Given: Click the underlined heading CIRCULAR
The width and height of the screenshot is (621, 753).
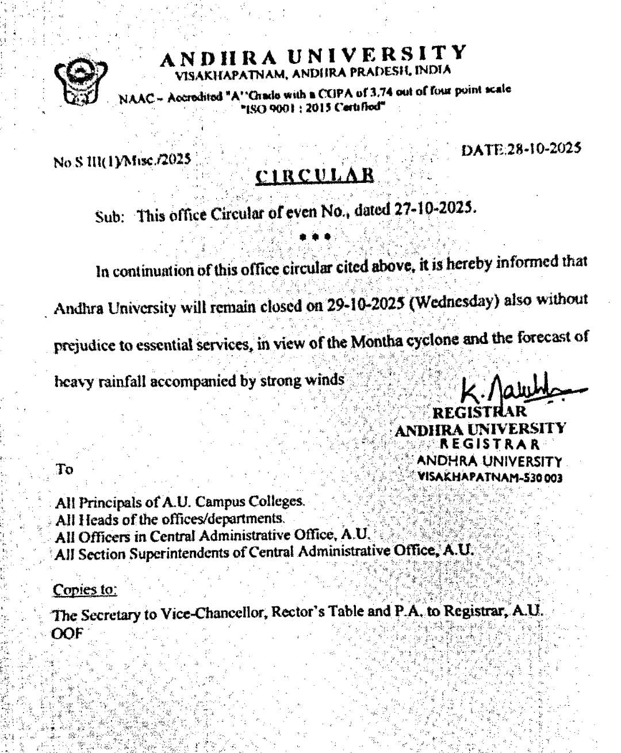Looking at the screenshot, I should click(315, 175).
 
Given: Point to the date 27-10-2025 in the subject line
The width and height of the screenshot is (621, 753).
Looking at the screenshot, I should click(434, 209).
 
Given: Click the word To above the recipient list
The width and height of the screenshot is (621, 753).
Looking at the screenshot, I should click(64, 469).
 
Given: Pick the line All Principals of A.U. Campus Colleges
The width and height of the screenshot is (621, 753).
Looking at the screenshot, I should click(179, 502).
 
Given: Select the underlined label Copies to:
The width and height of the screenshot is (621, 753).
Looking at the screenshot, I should click(85, 590).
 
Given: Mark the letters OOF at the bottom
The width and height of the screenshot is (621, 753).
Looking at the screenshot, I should click(68, 634).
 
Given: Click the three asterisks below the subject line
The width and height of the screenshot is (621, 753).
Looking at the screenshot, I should click(315, 236).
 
